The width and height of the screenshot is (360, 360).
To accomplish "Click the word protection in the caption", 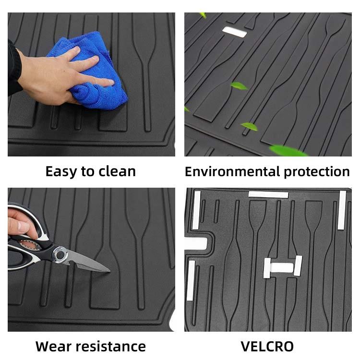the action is click(x=317, y=172).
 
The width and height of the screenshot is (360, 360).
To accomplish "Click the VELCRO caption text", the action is click(x=267, y=346).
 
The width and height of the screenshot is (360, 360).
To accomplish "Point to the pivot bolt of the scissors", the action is click(x=60, y=254).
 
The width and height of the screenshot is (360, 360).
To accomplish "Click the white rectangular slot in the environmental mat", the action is click(x=234, y=32).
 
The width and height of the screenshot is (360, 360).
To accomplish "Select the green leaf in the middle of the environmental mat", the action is click(x=239, y=85).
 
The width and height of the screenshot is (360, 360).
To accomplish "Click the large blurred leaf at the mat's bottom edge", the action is click(x=288, y=150).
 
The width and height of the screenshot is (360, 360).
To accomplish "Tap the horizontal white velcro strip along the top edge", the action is click(x=268, y=195).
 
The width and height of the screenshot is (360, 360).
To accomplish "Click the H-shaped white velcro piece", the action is click(x=282, y=267).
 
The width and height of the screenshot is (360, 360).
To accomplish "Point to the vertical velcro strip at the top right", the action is click(x=342, y=210).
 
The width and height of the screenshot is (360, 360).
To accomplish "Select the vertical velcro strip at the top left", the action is click(x=196, y=210).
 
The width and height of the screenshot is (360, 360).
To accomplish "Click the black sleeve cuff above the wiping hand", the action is click(x=14, y=68).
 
